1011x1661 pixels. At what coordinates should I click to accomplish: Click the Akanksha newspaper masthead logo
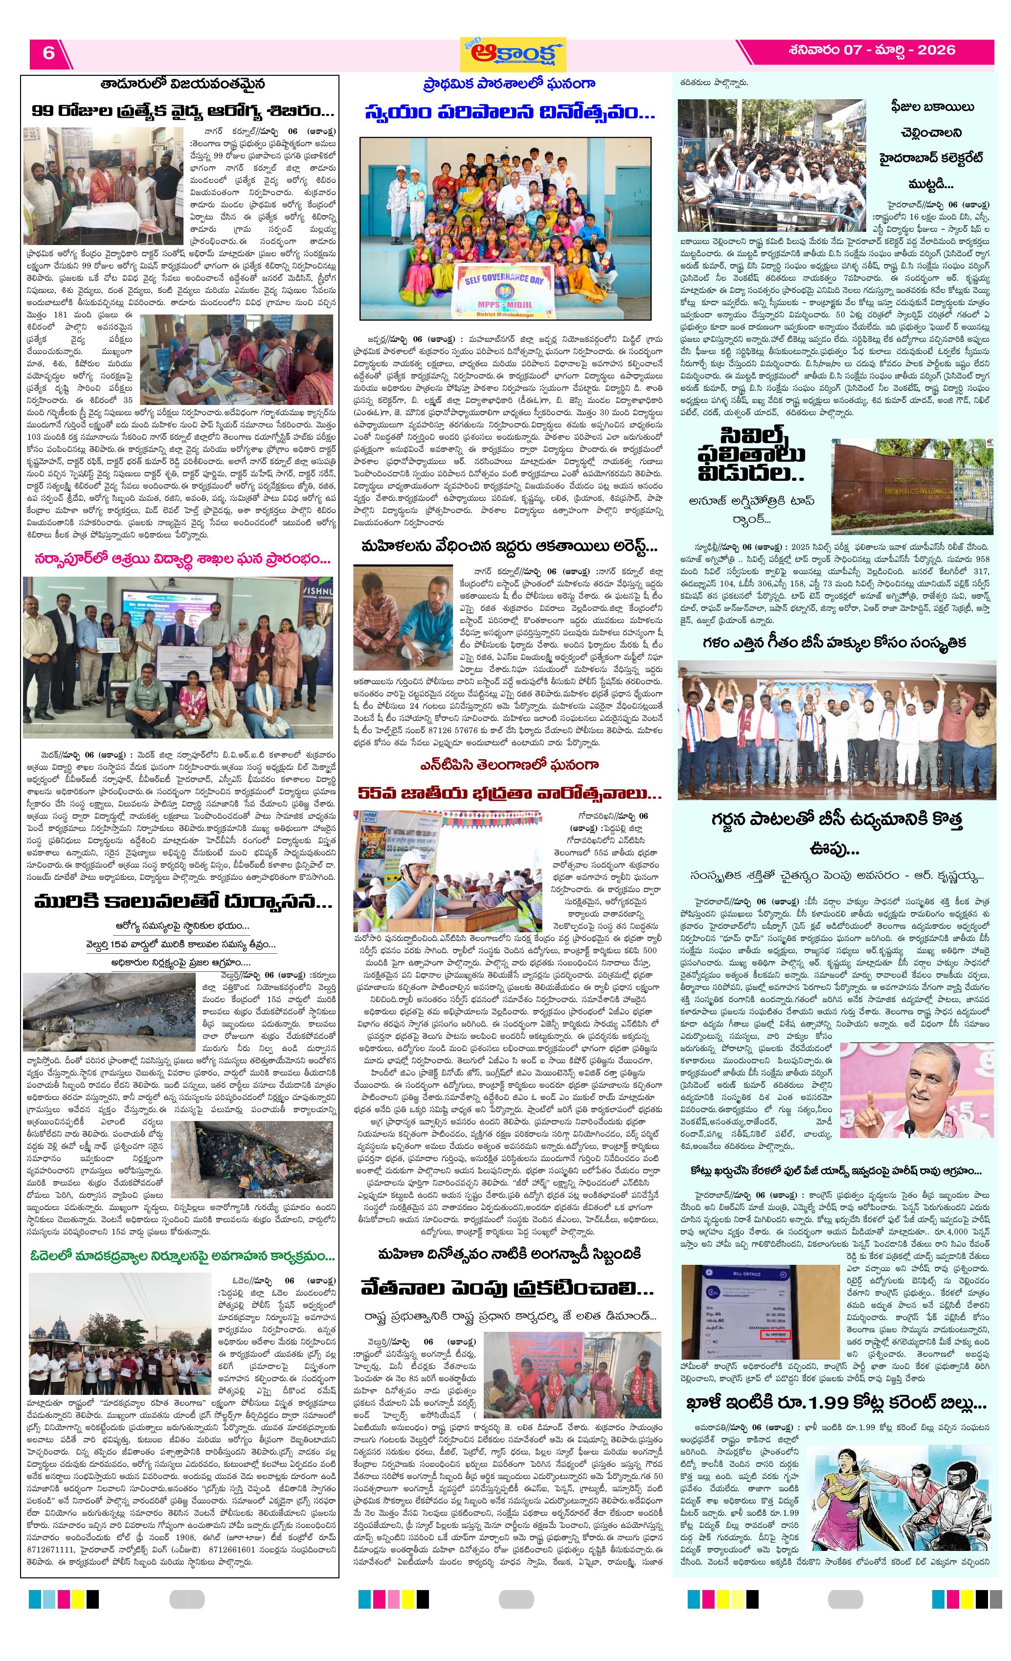point(513,54)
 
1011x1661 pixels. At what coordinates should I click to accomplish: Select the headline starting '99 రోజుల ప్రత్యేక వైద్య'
point(182,111)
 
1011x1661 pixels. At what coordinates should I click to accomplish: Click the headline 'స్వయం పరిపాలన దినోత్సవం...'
point(510,112)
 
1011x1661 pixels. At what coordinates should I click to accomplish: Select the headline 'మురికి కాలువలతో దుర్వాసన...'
point(182,901)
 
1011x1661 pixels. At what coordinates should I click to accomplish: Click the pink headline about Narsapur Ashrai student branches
point(182,559)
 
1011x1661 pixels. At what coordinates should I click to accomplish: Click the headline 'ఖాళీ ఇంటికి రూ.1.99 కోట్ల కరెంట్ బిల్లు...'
point(836,1403)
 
